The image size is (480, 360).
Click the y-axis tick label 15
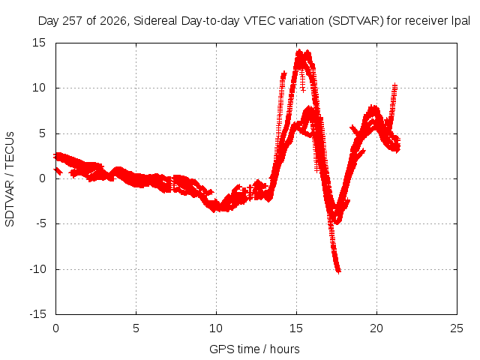pyautogui.click(x=39, y=43)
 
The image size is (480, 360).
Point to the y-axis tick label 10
pyautogui.click(x=39, y=88)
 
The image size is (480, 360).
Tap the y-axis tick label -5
pyautogui.click(x=40, y=223)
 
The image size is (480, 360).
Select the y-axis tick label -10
pyautogui.click(x=37, y=269)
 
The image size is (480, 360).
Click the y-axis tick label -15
pyautogui.click(x=37, y=314)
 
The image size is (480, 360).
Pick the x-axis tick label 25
pyautogui.click(x=457, y=328)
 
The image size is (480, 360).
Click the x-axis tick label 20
pyautogui.click(x=376, y=328)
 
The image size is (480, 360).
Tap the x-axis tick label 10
pyautogui.click(x=216, y=328)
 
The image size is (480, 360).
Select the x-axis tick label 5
pyautogui.click(x=136, y=328)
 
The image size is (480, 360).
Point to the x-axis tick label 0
pyautogui.click(x=55, y=328)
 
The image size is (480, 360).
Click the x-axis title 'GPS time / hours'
pyautogui.click(x=254, y=349)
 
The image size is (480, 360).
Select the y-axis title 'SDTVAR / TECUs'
pyautogui.click(x=10, y=179)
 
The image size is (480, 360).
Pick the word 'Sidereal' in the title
pyautogui.click(x=155, y=21)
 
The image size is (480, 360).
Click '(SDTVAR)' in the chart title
pyautogui.click(x=356, y=21)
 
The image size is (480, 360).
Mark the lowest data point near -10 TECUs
pyautogui.click(x=338, y=271)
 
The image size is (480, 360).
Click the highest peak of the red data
pyautogui.click(x=299, y=52)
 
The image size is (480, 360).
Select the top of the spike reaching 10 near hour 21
pyautogui.click(x=395, y=85)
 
